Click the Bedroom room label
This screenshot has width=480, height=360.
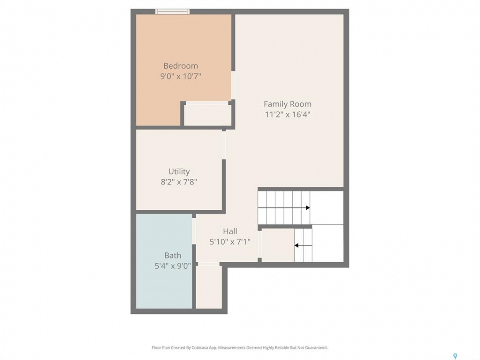[x=181, y=66]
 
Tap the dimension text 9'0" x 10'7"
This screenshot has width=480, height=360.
[x=181, y=76]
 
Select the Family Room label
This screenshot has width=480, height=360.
[x=288, y=104]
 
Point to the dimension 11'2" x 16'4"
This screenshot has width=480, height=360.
[x=288, y=115]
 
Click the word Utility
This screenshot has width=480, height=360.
[x=179, y=171]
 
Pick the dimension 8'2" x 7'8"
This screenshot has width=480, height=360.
[x=179, y=182]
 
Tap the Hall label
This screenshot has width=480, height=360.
[x=230, y=231]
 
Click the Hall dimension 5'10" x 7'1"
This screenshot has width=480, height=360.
[x=230, y=242]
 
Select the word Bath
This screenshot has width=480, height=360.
[x=173, y=255]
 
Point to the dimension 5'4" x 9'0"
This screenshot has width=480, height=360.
[x=173, y=266]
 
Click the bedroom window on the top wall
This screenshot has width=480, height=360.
[x=172, y=12]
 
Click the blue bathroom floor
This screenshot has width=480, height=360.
[x=164, y=261]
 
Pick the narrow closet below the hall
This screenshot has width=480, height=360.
[x=209, y=287]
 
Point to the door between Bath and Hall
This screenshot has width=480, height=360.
[x=194, y=231]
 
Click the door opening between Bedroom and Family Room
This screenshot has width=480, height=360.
[x=233, y=85]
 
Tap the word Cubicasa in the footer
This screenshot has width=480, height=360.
[x=200, y=348]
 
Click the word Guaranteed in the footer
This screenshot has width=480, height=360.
[x=317, y=348]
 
